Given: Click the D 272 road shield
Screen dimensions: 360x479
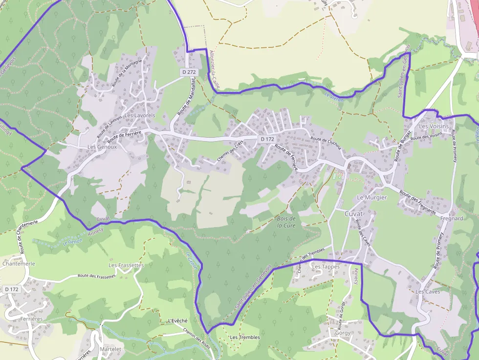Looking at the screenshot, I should (189, 72).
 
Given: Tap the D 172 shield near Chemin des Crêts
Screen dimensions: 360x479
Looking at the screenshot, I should (267, 139).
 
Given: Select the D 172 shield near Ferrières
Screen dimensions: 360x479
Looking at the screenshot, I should (12, 289).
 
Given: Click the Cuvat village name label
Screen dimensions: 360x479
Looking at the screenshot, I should (354, 214).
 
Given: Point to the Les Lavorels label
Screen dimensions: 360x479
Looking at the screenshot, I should (140, 115).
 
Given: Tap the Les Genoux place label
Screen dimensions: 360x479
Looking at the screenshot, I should (102, 147).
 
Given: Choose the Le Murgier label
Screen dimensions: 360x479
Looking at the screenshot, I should (372, 197).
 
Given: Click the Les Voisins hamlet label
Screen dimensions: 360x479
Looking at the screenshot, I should (434, 126).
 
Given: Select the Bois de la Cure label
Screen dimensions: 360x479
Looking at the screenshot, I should (286, 222).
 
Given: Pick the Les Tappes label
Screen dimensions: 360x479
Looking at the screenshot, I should (326, 267).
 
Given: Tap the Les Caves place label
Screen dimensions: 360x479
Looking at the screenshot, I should (428, 292).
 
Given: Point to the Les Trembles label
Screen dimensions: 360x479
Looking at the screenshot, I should (245, 337).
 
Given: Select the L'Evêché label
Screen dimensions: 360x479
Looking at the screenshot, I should (177, 320).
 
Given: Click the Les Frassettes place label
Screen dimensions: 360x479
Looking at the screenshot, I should (126, 265).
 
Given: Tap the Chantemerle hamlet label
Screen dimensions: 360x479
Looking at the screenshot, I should (19, 263).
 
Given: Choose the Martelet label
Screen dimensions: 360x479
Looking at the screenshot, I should (110, 349).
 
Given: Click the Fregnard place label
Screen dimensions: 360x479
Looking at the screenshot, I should (451, 218).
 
